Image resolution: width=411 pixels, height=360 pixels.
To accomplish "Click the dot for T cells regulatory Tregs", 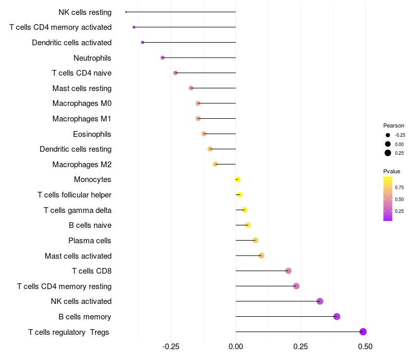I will [x=363, y=332].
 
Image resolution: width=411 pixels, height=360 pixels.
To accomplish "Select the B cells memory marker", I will [x=337, y=316].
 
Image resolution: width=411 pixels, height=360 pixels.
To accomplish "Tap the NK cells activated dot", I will [x=320, y=301].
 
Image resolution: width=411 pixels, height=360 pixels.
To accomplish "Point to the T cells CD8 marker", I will [x=288, y=271].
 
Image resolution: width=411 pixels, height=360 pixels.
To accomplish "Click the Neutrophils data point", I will [x=163, y=58].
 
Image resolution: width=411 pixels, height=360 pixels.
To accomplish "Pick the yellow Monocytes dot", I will [x=237, y=179].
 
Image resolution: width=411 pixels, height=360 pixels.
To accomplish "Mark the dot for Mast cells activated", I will [x=261, y=256].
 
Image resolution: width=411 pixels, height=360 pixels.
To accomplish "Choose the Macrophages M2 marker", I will [x=215, y=164].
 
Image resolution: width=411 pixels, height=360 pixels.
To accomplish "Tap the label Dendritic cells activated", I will [x=72, y=43].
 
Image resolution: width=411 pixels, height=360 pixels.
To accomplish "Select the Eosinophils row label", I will [x=92, y=134].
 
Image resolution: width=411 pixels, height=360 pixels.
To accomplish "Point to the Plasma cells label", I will [x=90, y=241].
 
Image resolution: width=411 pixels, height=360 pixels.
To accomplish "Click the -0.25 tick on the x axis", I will [x=171, y=347].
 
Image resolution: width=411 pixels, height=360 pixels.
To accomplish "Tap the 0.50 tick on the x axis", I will [x=365, y=347].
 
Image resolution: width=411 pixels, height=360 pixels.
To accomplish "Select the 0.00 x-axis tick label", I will [x=236, y=347].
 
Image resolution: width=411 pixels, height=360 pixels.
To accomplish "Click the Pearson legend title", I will [x=394, y=125].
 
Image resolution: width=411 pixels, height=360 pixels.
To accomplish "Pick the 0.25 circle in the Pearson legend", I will [x=388, y=153].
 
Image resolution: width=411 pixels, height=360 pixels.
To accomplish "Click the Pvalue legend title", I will [x=391, y=171].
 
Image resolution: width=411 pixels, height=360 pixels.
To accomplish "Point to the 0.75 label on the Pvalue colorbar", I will [x=399, y=187].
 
